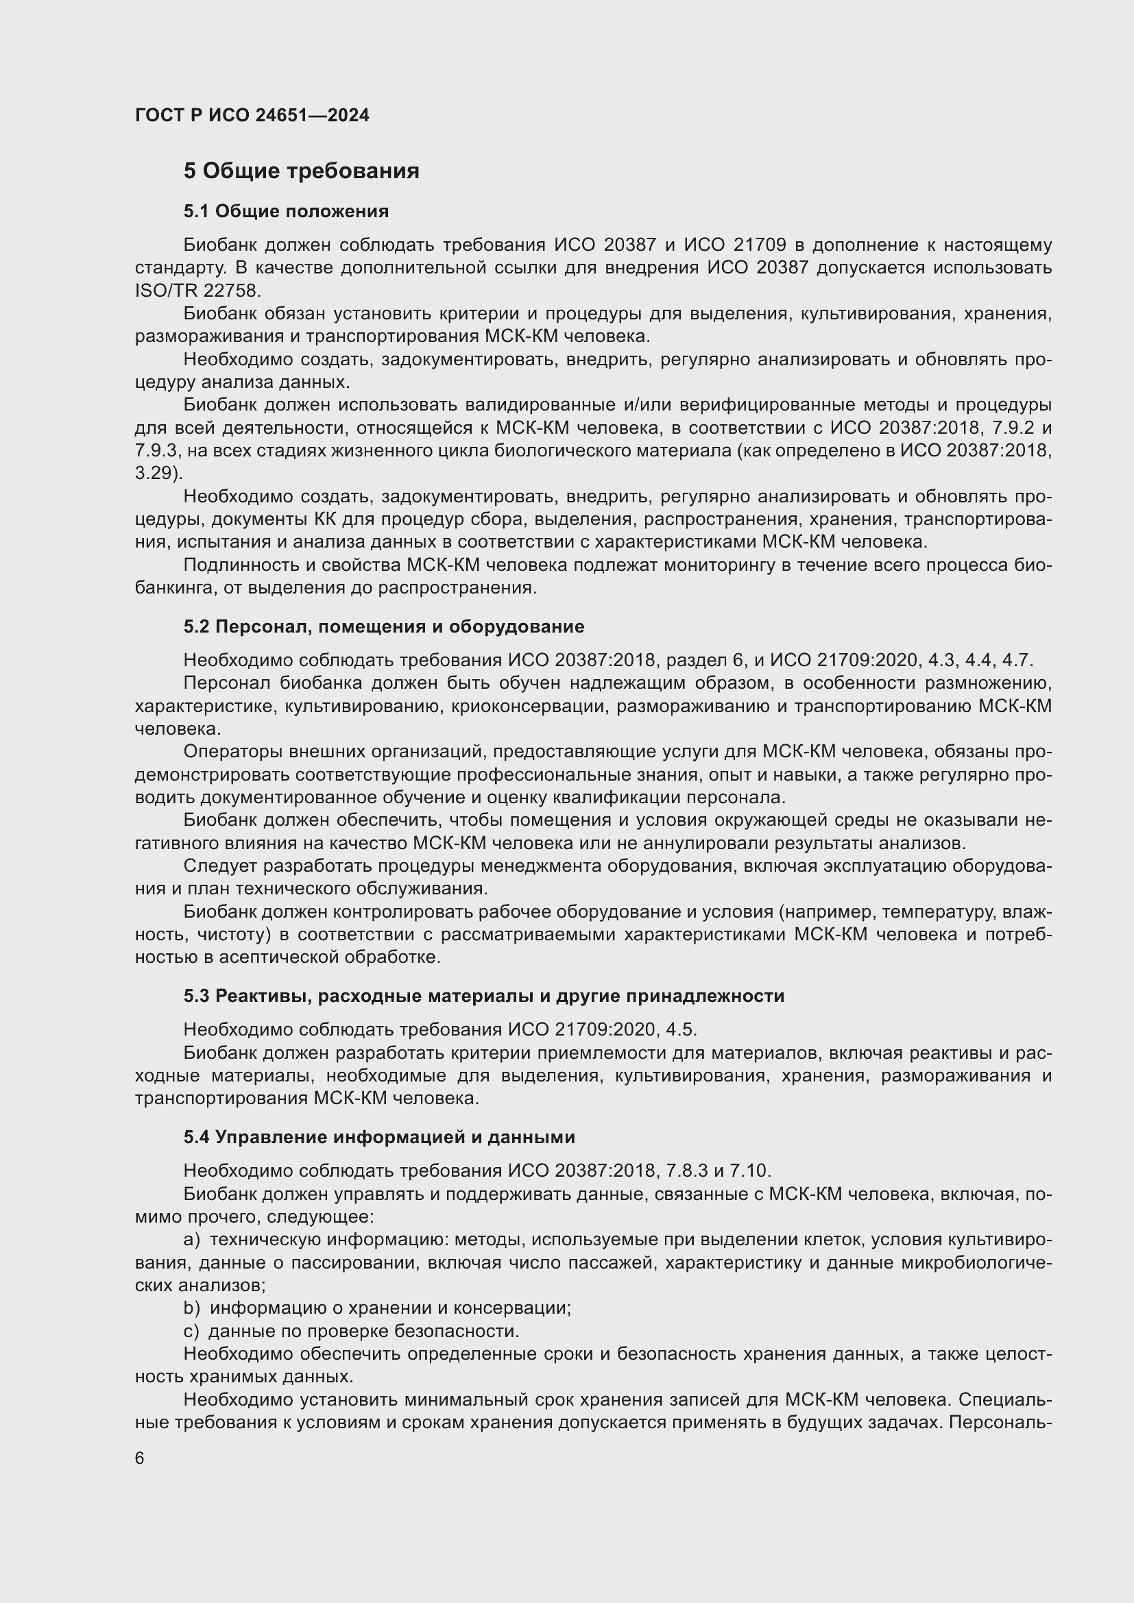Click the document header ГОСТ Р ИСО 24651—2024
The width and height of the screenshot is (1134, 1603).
coord(252,115)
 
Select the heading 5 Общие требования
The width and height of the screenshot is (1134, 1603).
coord(301,171)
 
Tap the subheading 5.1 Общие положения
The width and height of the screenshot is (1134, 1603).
coord(287,211)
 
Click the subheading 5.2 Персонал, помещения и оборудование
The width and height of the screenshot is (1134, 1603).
coord(383,626)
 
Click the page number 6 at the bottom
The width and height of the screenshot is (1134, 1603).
coord(140,1458)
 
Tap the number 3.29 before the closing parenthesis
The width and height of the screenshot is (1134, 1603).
coord(154,473)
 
